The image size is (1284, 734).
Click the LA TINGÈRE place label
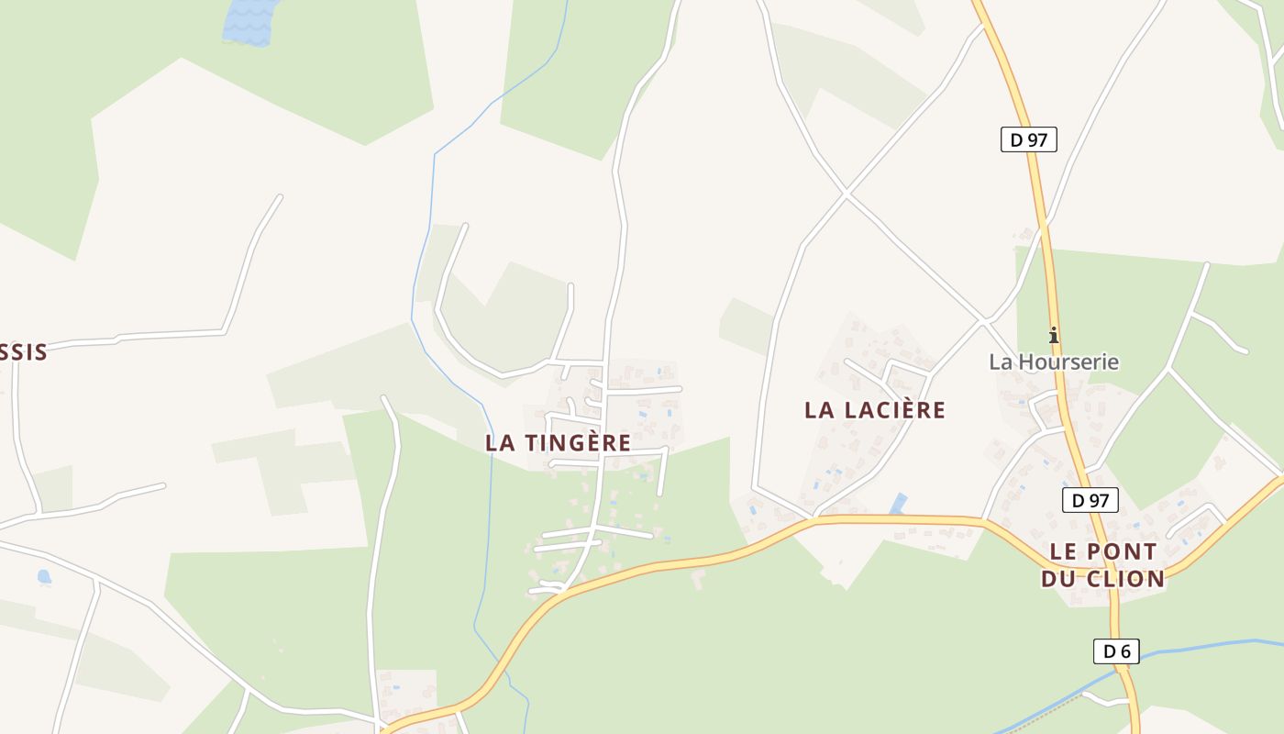click(x=558, y=442)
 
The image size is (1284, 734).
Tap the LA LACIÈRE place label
click(x=874, y=409)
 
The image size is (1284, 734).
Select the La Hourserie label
click(x=1054, y=361)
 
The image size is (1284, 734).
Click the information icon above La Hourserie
click(x=1054, y=335)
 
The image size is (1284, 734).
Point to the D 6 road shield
click(x=1116, y=651)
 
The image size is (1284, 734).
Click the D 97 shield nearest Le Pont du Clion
click(x=1090, y=500)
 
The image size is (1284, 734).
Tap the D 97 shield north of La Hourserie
click(x=1028, y=139)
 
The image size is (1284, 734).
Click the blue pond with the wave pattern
click(x=249, y=20)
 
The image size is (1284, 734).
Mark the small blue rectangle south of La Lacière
click(x=898, y=504)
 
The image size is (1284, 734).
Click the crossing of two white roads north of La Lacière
click(x=846, y=194)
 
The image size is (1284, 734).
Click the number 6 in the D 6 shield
click(x=1125, y=651)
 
